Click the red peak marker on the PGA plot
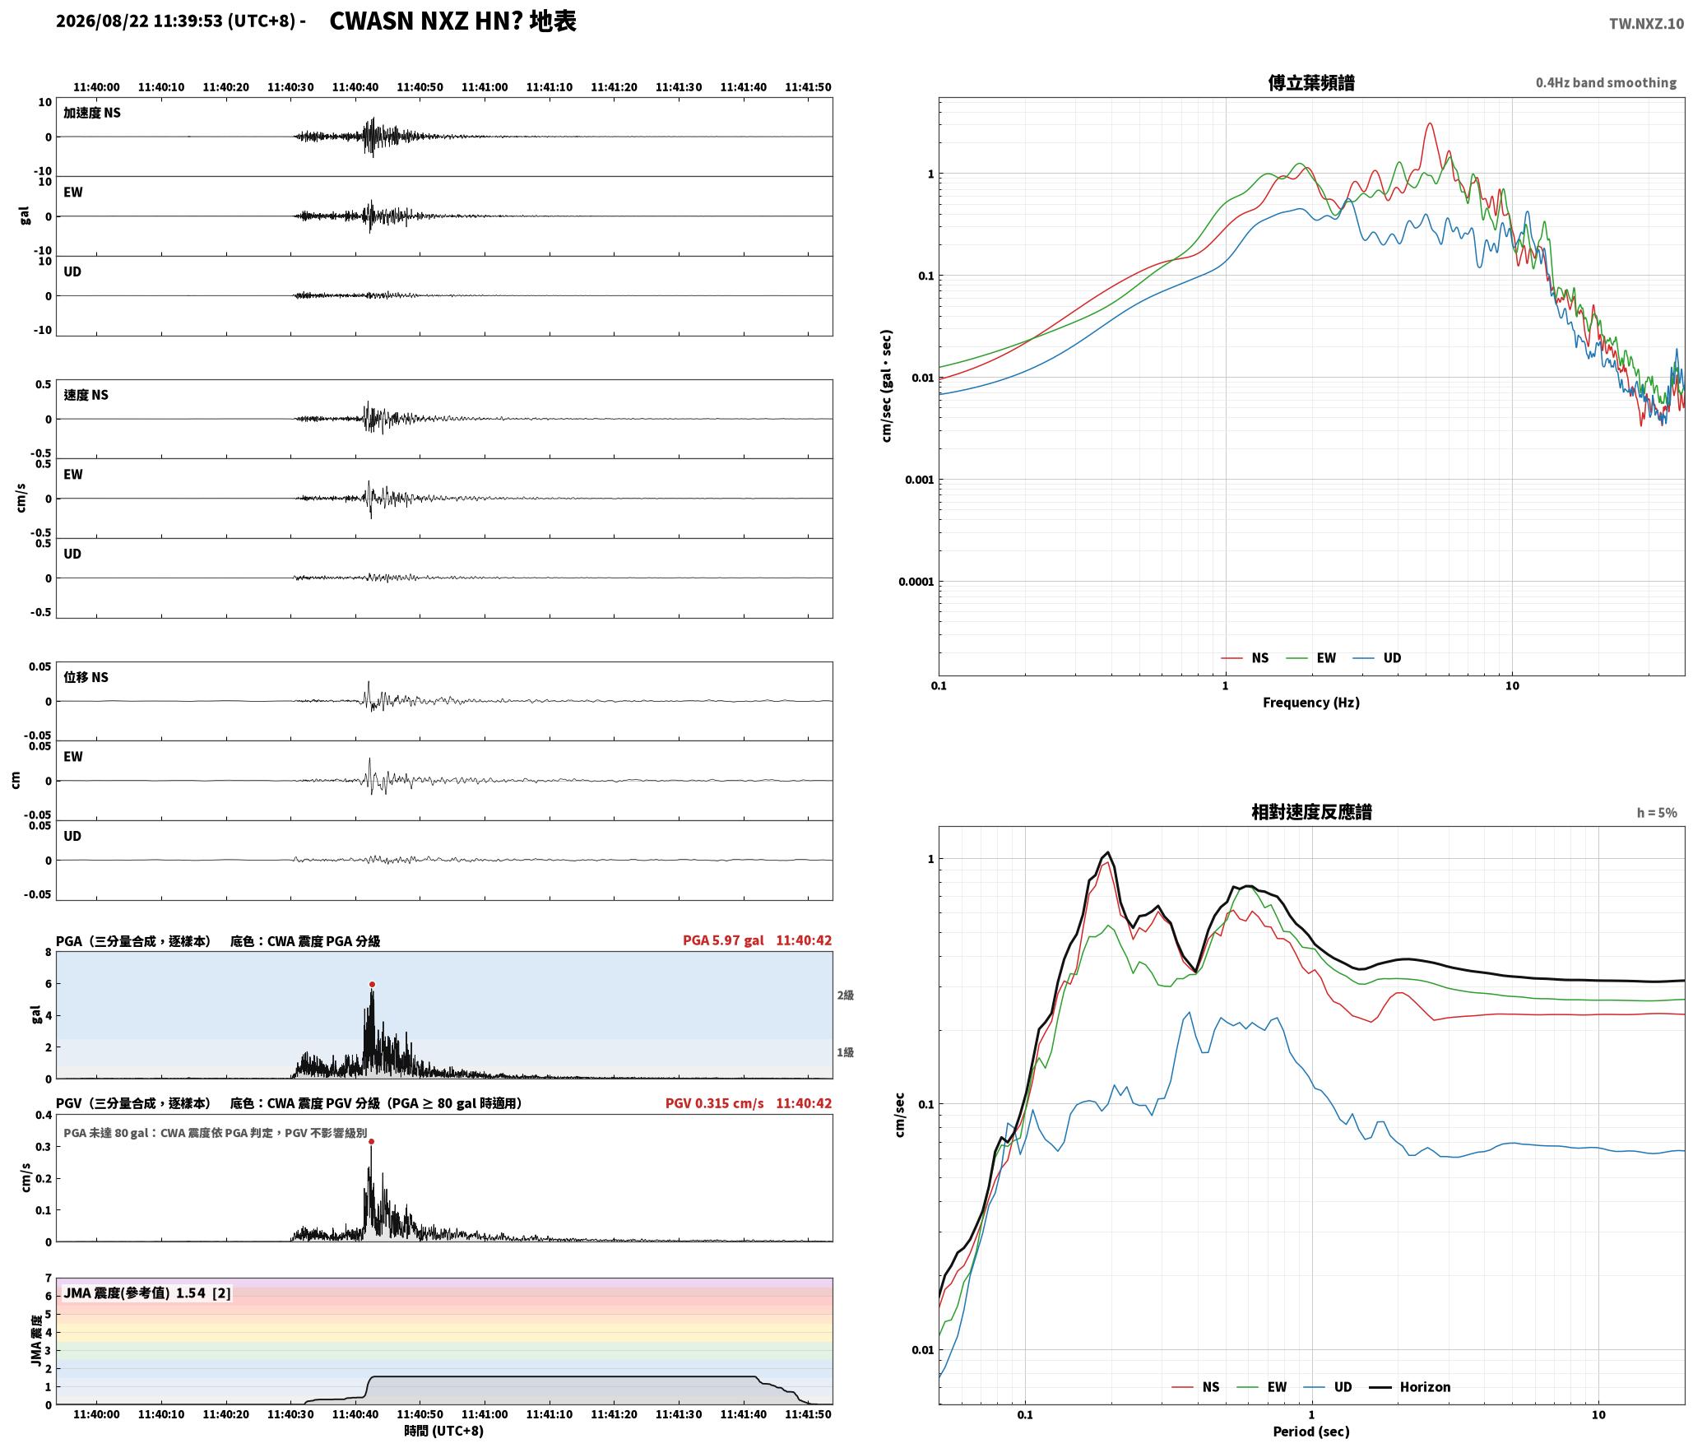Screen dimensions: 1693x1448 click(372, 984)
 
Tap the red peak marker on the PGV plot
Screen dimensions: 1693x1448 click(372, 1141)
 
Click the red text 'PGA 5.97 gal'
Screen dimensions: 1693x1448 click(723, 940)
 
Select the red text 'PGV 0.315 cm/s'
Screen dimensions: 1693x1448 click(714, 1103)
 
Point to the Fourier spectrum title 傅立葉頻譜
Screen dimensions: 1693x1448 click(1311, 82)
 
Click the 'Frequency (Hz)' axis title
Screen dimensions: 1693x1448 click(1311, 703)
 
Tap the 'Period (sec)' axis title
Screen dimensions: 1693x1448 click(1311, 1432)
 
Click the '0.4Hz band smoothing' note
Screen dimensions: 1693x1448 click(1606, 83)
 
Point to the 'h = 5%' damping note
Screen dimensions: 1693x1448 click(1657, 813)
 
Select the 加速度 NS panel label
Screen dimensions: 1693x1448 click(92, 113)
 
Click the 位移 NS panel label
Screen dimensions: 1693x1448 click(86, 677)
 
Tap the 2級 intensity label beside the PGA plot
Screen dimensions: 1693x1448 click(846, 995)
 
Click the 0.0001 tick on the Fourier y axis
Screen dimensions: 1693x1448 click(916, 582)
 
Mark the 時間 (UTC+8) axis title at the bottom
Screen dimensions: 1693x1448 click(444, 1431)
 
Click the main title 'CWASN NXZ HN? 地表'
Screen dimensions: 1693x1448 click(453, 21)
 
